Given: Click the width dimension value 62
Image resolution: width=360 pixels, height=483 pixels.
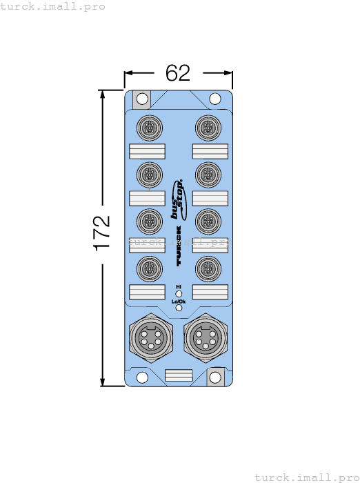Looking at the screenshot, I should click(x=178, y=73).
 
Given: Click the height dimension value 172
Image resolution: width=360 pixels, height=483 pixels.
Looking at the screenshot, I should click(x=101, y=233).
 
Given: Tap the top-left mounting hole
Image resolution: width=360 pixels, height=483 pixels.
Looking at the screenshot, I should click(x=142, y=99).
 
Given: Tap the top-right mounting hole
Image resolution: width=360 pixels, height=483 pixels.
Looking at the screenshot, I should click(x=215, y=99).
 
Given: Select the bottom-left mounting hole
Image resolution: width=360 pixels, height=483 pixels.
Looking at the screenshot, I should click(x=142, y=377).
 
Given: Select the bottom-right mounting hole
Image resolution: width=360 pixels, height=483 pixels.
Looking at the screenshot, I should click(x=215, y=377).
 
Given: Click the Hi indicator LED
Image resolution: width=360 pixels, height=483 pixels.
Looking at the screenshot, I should click(x=179, y=293).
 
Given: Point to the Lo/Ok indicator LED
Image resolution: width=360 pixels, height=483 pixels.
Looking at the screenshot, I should click(x=179, y=308).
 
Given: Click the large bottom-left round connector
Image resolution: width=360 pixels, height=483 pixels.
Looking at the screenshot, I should click(x=148, y=338).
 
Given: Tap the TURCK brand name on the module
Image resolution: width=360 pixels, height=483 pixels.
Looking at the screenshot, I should click(x=179, y=246).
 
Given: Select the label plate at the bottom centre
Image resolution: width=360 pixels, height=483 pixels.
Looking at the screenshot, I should click(x=179, y=375).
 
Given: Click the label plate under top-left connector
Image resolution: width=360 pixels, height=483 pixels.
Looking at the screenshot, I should click(x=147, y=152).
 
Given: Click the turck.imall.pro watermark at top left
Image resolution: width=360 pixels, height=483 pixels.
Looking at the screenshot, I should click(x=53, y=6).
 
